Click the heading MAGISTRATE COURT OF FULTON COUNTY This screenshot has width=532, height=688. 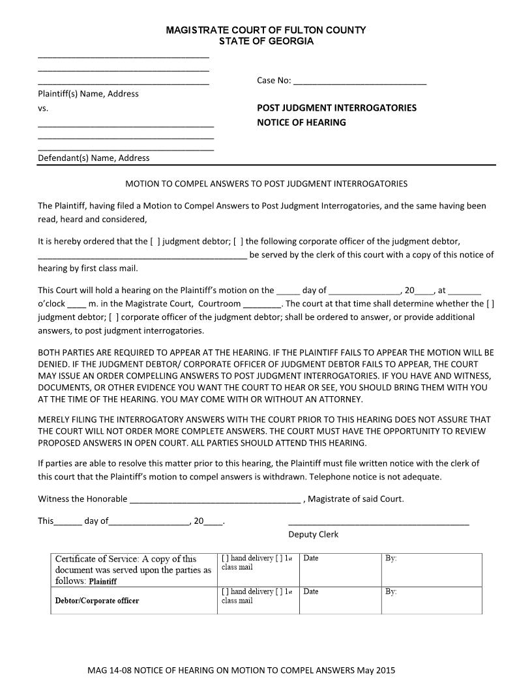(265, 30)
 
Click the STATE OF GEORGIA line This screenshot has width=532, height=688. (266, 41)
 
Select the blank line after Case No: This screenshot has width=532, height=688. (360, 82)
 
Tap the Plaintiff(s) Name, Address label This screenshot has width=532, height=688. (88, 94)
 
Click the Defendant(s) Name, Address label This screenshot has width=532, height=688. (93, 158)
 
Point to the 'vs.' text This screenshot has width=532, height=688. (43, 108)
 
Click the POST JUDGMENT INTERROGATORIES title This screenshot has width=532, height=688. (336, 107)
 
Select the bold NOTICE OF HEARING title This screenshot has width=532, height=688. (301, 122)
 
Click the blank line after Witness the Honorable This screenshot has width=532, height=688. (215, 500)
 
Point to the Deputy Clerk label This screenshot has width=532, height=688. (313, 534)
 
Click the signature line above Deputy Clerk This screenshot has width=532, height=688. (378, 523)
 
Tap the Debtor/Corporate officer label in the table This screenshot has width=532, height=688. (97, 601)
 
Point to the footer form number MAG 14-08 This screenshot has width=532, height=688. (112, 670)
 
